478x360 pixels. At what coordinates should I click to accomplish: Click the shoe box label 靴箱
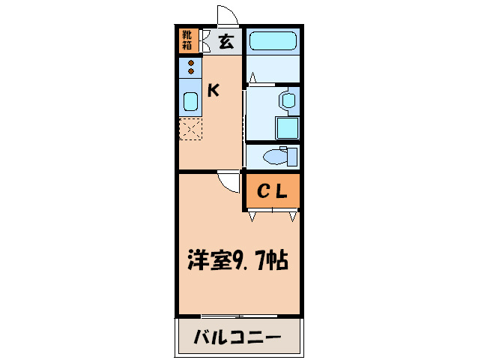tap(187, 40)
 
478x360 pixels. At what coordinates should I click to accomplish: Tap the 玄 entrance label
tap(226, 41)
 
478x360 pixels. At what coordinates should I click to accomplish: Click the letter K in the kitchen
tap(214, 91)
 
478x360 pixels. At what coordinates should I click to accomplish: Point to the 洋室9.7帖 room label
tap(238, 262)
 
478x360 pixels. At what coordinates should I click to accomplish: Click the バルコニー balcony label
tap(238, 337)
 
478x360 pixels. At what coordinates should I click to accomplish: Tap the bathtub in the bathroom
tap(272, 41)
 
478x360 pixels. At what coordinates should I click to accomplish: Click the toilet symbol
tap(281, 156)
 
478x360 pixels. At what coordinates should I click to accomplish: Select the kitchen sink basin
tap(190, 100)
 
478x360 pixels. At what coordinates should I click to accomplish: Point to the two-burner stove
tap(191, 67)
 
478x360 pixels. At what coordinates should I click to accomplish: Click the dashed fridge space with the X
tap(190, 129)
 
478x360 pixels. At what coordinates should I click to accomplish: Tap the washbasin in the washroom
tap(287, 100)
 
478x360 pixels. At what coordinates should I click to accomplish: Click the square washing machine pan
tap(287, 128)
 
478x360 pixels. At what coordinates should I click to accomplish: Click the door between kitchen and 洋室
tap(227, 181)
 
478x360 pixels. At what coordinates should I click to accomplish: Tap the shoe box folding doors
tap(205, 40)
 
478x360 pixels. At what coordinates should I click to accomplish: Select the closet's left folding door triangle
tap(252, 215)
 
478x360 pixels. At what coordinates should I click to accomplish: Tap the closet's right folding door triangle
tap(293, 215)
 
